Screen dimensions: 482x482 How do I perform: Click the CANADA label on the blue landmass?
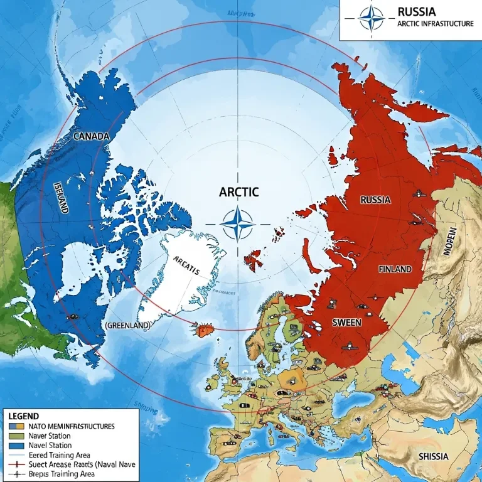[92, 136]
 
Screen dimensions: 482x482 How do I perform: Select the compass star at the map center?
[238, 223]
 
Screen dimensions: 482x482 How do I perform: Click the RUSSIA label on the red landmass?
[376, 200]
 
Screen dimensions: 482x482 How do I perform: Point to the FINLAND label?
[395, 269]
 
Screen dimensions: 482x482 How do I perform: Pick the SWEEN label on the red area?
[346, 324]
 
